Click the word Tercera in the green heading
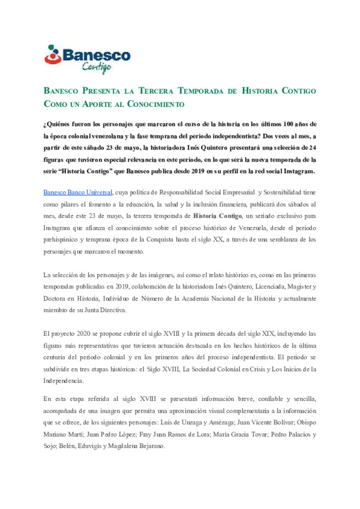156,91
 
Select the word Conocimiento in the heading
156,104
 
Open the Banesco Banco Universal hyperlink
78,193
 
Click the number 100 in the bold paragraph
288,124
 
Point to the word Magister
299,286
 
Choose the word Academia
195,298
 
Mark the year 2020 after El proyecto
83,334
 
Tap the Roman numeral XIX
268,334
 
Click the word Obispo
306,422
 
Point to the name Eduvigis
89,446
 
